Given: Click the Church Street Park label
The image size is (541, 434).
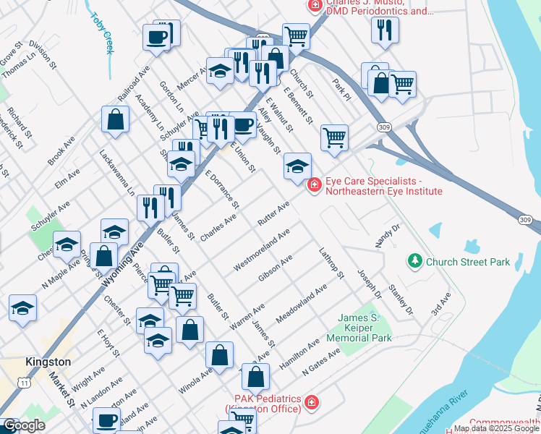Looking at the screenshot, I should pyautogui.click(x=468, y=262).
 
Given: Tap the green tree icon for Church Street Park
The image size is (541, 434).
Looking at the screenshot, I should pyautogui.click(x=414, y=260).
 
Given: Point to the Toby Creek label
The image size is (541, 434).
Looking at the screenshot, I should pyautogui.click(x=102, y=33).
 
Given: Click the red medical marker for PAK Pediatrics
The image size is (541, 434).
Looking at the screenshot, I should pyautogui.click(x=311, y=402).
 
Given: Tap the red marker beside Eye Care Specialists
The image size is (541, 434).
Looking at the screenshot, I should pyautogui.click(x=314, y=186).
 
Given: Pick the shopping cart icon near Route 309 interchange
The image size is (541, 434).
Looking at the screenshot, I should pyautogui.click(x=334, y=136).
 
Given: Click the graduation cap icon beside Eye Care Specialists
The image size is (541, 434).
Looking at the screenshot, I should pyautogui.click(x=297, y=166).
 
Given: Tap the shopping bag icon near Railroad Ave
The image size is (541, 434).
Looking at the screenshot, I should pyautogui.click(x=116, y=119).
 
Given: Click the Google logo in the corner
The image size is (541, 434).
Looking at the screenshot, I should pyautogui.click(x=24, y=425).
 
